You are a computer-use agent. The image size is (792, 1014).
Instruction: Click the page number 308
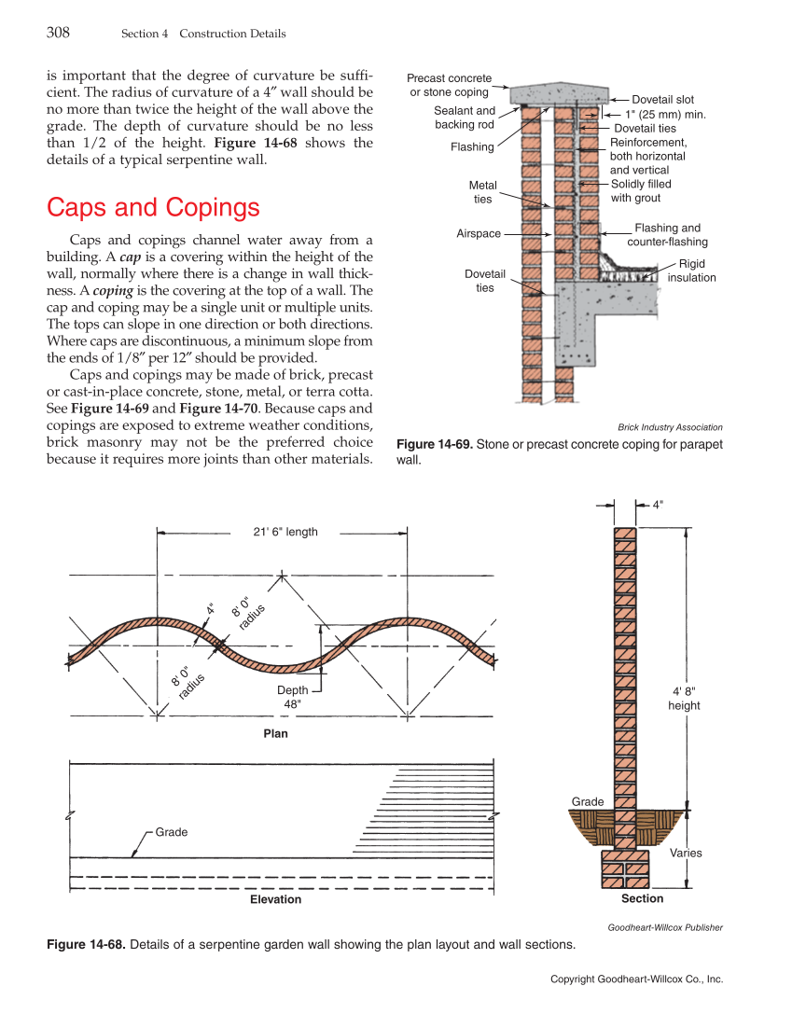(x=58, y=33)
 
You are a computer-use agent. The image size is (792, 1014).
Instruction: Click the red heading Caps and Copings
(x=153, y=206)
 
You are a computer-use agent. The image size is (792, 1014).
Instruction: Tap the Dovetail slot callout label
(x=662, y=99)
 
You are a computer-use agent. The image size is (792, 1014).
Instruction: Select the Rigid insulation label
(x=692, y=271)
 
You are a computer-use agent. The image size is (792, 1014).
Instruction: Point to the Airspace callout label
(x=479, y=233)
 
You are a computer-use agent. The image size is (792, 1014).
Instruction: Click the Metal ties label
(x=482, y=192)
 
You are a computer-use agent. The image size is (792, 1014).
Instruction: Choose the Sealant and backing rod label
(x=465, y=118)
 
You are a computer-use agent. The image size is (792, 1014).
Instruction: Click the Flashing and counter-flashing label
(x=667, y=234)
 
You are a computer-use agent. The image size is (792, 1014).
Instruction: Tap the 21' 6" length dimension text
(x=285, y=532)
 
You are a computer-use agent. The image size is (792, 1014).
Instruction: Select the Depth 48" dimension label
(x=292, y=697)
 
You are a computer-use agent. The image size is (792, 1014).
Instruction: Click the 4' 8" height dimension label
(x=684, y=698)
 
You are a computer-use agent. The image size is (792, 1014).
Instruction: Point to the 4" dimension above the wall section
(x=658, y=504)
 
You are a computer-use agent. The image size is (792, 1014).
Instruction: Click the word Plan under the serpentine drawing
(x=275, y=733)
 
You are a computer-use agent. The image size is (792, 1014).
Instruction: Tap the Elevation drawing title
(x=275, y=899)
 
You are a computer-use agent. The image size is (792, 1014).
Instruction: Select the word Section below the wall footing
(x=642, y=898)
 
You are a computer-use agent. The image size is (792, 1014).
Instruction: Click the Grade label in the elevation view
(x=171, y=831)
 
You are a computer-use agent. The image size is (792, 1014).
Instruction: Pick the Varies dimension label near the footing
(x=686, y=853)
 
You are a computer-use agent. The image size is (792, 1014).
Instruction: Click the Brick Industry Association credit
(x=670, y=427)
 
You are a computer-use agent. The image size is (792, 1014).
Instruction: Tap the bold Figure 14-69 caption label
(x=434, y=444)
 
